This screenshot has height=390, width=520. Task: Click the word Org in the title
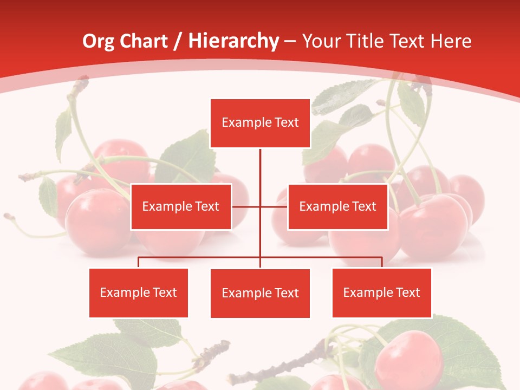[99, 41]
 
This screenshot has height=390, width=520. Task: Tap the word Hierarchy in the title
[233, 41]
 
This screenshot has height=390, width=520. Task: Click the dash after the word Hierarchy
[290, 41]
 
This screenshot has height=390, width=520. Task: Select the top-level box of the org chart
[260, 123]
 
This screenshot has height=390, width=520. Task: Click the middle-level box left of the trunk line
[181, 206]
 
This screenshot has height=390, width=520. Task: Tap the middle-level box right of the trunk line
[337, 206]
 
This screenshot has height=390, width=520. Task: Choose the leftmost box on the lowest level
[139, 293]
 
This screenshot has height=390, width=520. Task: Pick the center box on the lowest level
[260, 293]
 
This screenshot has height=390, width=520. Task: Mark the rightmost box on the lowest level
[381, 293]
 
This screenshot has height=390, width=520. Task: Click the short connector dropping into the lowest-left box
[139, 262]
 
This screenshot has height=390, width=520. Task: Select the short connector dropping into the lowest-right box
[382, 262]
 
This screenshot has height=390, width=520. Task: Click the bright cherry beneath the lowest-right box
[409, 357]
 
